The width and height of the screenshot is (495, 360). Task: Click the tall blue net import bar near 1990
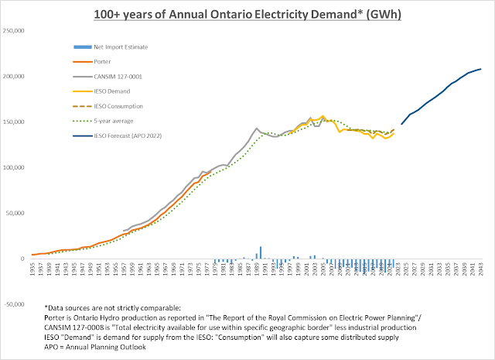[261, 252]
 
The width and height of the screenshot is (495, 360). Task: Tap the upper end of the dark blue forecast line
[480, 70]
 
